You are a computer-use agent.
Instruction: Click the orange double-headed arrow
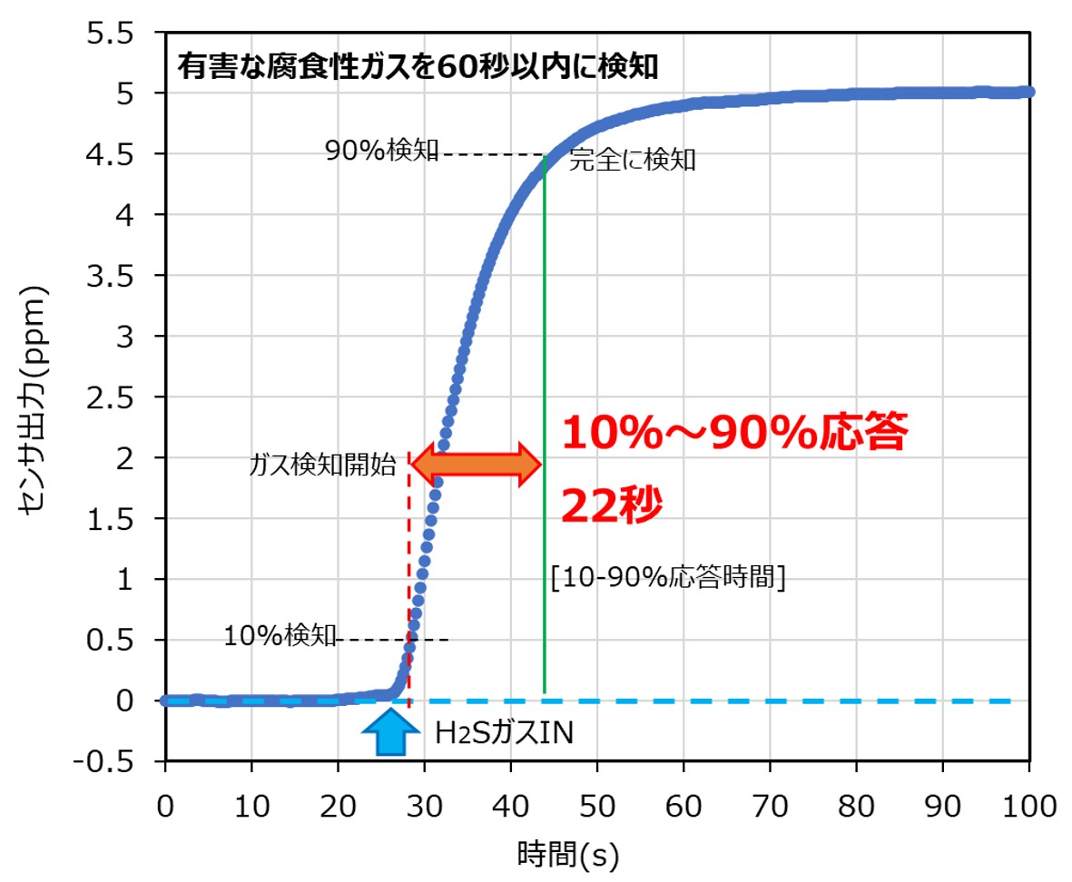pyautogui.click(x=477, y=463)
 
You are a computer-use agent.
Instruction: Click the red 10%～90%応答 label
pyautogui.click(x=734, y=434)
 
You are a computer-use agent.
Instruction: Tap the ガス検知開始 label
pyautogui.click(x=323, y=466)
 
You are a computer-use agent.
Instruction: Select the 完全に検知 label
pyautogui.click(x=633, y=162)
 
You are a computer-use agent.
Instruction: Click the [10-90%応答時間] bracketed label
pyautogui.click(x=667, y=577)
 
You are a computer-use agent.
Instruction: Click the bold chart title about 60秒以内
pyautogui.click(x=417, y=66)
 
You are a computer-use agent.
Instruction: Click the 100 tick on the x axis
pyautogui.click(x=1028, y=805)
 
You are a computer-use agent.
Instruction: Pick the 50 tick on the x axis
pyautogui.click(x=596, y=805)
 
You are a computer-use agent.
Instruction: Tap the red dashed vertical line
pyautogui.click(x=409, y=590)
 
